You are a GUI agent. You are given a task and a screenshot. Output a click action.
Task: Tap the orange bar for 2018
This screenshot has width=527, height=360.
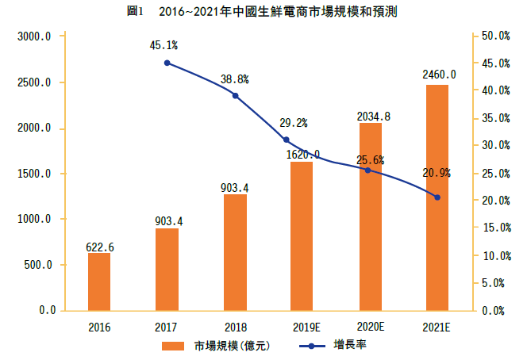click(235, 252)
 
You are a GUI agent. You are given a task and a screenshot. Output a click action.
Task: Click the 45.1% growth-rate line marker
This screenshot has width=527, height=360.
click(167, 63)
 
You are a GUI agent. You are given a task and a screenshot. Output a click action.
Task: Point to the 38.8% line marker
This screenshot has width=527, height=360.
click(235, 95)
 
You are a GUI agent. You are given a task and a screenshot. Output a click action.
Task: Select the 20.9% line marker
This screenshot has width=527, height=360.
click(437, 197)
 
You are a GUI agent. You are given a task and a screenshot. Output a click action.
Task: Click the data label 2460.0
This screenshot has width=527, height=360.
click(439, 75)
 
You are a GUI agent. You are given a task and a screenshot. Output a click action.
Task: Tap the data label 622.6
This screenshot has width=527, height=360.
click(100, 247)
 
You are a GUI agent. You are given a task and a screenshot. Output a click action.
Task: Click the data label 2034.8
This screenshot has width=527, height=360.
click(373, 116)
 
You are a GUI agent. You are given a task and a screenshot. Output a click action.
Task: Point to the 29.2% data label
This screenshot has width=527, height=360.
click(293, 123)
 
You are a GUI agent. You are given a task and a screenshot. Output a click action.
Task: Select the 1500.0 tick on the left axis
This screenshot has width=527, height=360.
click(35, 174)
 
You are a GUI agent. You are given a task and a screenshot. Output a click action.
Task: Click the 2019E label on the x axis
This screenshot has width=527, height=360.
click(302, 327)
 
